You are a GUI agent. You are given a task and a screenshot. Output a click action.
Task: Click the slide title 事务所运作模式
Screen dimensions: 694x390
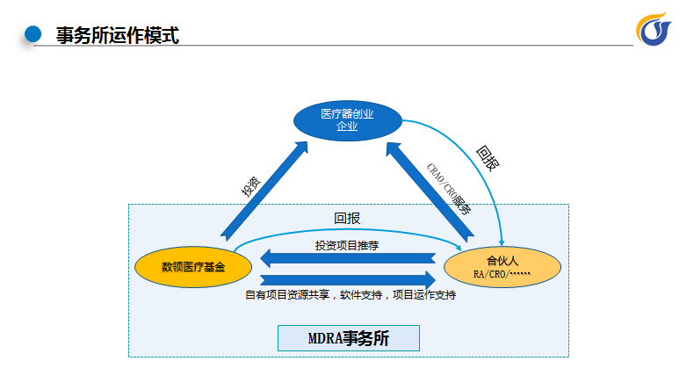(118, 35)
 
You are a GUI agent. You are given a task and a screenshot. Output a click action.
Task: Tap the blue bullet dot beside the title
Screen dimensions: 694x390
(33, 34)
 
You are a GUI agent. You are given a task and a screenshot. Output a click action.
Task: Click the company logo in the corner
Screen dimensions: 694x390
(654, 29)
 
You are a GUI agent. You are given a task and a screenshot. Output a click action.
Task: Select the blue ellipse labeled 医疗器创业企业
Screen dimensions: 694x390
(348, 120)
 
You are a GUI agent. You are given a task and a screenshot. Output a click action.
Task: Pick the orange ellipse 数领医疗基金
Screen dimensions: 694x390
(193, 267)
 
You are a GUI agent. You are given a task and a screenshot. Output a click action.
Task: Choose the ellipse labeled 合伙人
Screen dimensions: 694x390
(502, 267)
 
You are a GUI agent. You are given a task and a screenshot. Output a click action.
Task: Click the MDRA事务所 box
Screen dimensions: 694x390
(349, 338)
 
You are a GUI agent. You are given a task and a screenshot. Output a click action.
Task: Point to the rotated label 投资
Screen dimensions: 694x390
(251, 186)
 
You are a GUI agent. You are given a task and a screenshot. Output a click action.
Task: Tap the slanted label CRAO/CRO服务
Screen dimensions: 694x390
(449, 189)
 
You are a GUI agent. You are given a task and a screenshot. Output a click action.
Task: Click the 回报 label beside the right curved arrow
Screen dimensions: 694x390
(488, 158)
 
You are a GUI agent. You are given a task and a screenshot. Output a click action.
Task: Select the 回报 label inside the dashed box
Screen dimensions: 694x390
(347, 218)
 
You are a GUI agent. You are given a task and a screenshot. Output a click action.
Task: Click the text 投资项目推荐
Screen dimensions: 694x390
(347, 245)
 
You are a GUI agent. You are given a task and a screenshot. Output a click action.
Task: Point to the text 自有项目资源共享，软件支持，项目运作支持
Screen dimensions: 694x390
(351, 295)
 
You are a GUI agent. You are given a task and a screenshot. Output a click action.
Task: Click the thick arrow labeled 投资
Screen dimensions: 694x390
(264, 191)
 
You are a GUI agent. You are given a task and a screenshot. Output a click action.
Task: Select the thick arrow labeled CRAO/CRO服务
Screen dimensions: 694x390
(430, 191)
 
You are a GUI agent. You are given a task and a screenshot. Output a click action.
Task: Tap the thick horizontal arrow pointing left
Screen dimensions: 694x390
(348, 258)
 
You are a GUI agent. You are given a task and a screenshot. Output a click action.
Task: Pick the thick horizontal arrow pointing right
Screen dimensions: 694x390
(348, 280)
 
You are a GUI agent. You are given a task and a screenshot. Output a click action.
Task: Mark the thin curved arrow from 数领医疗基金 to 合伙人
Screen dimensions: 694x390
(348, 230)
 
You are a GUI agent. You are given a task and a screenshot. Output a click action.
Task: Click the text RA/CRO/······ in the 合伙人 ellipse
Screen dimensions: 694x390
(502, 274)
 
